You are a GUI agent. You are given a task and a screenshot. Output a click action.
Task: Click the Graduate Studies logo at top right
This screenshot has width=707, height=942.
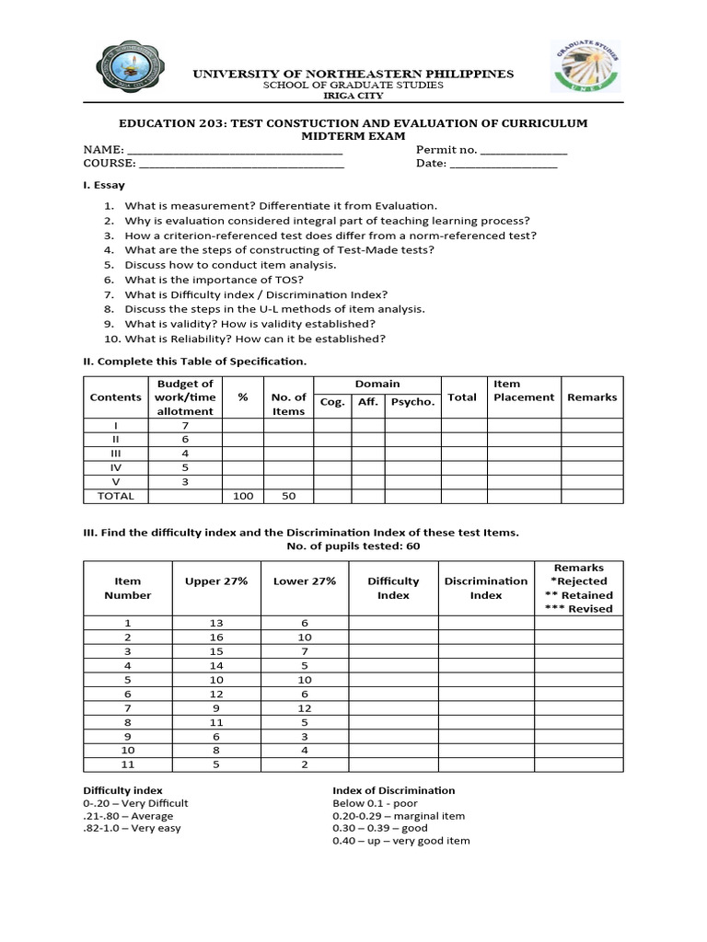coord(586,66)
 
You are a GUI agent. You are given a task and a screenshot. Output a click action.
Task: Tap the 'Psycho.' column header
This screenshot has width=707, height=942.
coord(412,402)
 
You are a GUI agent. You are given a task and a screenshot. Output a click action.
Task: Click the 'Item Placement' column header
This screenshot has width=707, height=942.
coord(524,391)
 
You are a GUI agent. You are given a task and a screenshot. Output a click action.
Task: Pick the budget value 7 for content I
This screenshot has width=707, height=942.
coord(185,425)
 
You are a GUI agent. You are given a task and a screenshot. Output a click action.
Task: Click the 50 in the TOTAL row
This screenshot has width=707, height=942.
coord(288,496)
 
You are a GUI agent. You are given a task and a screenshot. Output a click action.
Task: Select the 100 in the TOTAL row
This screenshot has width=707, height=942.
coord(243,496)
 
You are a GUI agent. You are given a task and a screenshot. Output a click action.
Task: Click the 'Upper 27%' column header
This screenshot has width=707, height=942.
coord(215,581)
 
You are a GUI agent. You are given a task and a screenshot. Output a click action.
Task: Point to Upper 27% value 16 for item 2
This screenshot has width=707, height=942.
coord(215,638)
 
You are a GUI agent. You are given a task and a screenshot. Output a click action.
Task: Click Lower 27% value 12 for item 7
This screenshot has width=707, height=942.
coord(305,708)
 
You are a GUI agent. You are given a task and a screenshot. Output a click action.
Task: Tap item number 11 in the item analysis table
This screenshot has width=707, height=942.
coord(128,764)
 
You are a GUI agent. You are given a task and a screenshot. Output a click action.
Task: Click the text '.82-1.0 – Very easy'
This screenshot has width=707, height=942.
coord(132,828)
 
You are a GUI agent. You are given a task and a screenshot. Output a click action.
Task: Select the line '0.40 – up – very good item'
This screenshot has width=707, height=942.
coord(400,841)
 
